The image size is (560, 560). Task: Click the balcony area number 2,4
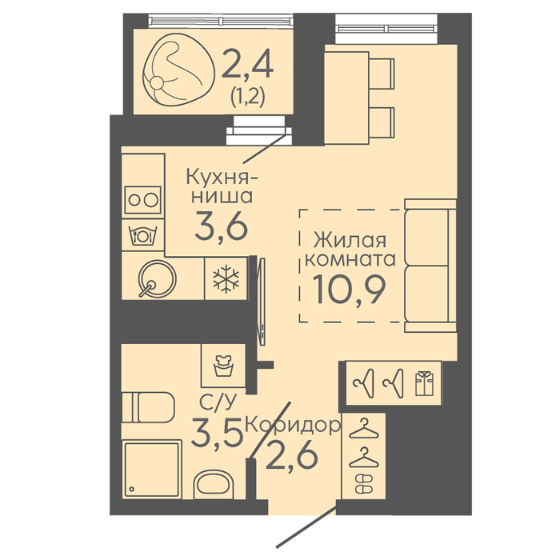coord(247,64)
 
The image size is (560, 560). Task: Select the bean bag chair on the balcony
coord(178,70)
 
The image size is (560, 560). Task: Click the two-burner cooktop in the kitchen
coord(143,200)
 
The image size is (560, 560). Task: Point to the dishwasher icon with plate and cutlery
coord(143,236)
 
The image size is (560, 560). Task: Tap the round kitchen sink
coord(157,279)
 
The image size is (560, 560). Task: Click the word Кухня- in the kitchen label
coord(222,177)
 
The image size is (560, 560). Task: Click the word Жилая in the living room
coord(350,240)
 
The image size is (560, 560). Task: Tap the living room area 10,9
coord(350,290)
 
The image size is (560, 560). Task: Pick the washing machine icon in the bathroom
coord(223,366)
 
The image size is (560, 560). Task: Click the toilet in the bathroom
coord(148,407)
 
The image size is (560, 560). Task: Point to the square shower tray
coord(152,469)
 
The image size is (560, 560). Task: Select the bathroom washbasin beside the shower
coord(214,485)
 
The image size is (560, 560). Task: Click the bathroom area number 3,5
coord(217,433)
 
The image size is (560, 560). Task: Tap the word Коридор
coord(293,426)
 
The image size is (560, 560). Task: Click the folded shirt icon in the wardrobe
coord(424,383)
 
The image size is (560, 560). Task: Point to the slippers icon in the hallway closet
coord(364,484)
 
